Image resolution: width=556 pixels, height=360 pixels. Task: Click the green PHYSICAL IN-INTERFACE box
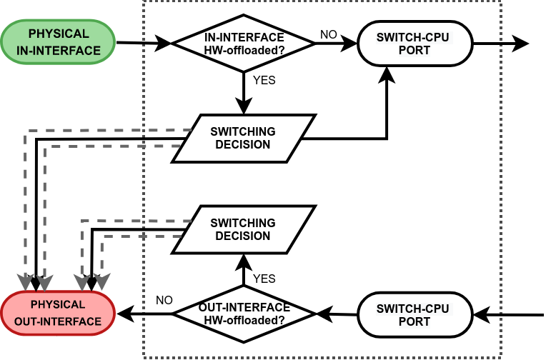58,42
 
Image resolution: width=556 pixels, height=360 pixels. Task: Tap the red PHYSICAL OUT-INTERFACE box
58,314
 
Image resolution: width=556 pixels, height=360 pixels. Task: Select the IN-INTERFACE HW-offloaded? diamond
244,44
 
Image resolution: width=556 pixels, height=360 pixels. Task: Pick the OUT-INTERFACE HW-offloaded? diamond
244,314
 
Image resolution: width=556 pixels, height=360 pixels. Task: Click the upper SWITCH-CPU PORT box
415,44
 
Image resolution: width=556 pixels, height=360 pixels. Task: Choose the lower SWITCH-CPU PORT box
415,315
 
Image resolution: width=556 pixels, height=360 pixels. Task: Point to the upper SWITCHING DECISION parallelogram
244,138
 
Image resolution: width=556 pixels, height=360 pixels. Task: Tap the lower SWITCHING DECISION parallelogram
244,229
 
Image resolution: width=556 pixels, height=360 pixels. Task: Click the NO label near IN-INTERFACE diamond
328,34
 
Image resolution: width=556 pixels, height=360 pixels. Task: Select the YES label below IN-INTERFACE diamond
264,80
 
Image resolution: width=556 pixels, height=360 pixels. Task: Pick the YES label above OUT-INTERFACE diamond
264,279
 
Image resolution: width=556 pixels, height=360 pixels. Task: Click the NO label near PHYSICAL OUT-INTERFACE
164,300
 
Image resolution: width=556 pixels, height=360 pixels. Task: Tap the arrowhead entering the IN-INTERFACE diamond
163,44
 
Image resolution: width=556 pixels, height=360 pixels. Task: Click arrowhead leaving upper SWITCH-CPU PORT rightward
520,44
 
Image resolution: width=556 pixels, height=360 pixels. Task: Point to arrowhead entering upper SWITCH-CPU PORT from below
387,75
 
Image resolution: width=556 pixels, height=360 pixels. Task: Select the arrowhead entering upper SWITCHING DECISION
244,106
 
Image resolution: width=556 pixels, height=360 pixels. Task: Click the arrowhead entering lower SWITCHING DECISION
244,263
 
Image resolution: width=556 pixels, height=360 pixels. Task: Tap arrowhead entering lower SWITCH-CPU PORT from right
482,315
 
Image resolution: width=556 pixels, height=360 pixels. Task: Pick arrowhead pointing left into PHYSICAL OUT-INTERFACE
125,314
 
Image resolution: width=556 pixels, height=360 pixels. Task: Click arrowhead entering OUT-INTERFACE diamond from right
324,314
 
